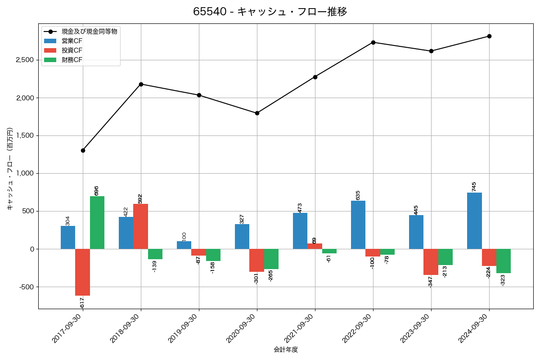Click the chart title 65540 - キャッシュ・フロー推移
click(270, 12)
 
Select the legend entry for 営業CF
click(72, 41)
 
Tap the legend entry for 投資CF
click(72, 50)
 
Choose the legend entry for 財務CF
click(72, 60)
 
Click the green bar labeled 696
click(97, 223)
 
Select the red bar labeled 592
click(140, 226)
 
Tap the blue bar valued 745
click(474, 220)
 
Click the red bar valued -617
click(82, 272)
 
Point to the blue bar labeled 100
click(184, 245)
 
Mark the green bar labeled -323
click(504, 261)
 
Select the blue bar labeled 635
click(358, 225)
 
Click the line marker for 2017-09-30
click(83, 150)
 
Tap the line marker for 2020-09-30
click(257, 113)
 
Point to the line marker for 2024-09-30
click(489, 36)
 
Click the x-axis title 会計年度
click(286, 350)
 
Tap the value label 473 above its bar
click(300, 207)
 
